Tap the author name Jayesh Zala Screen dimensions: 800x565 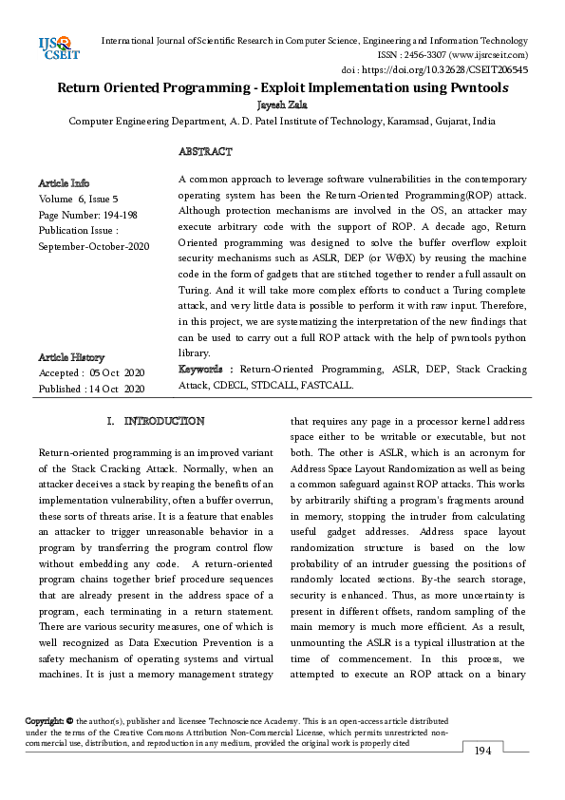point(282,105)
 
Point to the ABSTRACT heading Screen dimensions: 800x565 point(204,152)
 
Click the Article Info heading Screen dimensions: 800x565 point(65,182)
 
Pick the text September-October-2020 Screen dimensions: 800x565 point(94,247)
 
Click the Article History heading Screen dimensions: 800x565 point(72,357)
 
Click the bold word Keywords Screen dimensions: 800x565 point(199,369)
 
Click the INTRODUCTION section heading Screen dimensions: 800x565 point(163,421)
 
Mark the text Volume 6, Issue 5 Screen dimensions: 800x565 point(78,199)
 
